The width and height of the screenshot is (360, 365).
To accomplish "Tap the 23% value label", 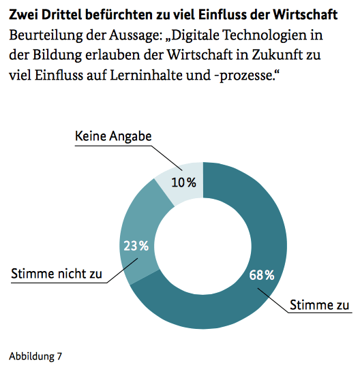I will click(135, 246).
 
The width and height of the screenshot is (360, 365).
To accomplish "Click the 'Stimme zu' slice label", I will click(320, 304).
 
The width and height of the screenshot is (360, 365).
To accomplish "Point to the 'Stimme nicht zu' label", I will click(57, 274).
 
